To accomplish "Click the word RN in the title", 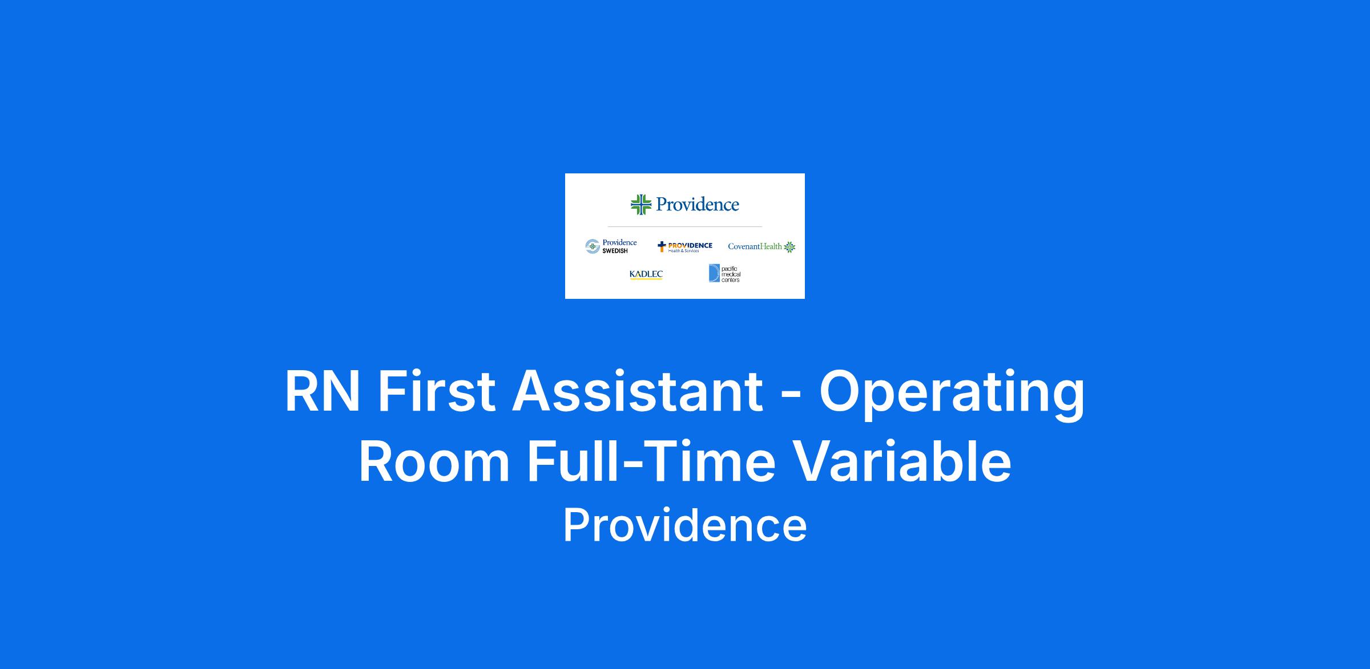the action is (323, 391).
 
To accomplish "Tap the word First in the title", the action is (437, 391).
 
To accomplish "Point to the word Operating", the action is (952, 395).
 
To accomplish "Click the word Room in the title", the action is (434, 462).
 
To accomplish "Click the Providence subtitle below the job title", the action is (685, 525).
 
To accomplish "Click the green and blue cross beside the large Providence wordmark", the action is (641, 204).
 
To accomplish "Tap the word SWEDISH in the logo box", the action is (615, 251).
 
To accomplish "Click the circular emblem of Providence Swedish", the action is (593, 246).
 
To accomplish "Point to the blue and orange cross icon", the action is (662, 246).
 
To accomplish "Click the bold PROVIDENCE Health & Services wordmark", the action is (690, 246).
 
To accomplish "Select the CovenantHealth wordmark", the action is (755, 246).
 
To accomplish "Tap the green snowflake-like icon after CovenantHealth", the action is (789, 246).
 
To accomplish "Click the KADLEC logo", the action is (646, 274).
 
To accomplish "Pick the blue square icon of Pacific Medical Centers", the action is (714, 273).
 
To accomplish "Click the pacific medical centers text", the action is (731, 274).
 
